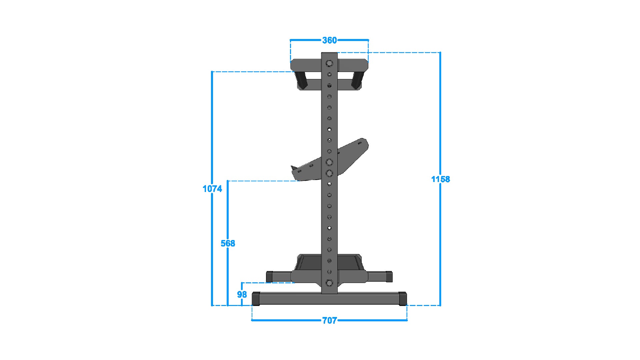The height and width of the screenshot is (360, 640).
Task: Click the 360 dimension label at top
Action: click(329, 40)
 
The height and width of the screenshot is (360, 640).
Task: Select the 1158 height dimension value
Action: click(440, 179)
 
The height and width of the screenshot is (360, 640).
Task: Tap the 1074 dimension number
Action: click(212, 189)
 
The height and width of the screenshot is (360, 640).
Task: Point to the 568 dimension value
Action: click(228, 243)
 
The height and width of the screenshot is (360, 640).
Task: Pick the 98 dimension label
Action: click(242, 294)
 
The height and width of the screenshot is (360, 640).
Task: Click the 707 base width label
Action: click(329, 321)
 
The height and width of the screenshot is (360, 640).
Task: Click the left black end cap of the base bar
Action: click(256, 299)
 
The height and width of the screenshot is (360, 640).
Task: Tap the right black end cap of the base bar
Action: click(403, 299)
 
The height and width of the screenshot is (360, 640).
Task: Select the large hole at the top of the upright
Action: click(329, 63)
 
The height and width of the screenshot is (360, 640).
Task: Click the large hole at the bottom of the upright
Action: click(329, 283)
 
